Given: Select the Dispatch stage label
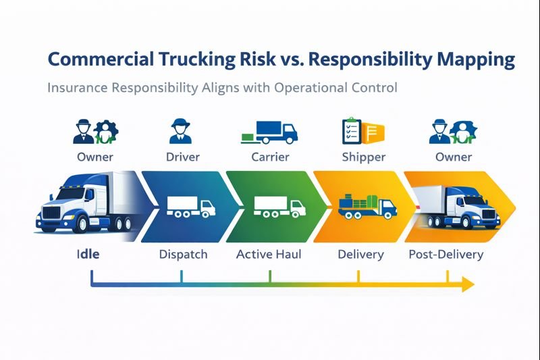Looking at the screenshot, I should point(183,255).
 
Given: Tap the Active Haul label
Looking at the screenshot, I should point(269,255).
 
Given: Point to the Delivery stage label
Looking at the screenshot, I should point(360,255).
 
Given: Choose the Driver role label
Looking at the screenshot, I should point(182,157).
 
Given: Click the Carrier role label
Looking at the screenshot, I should point(269,157).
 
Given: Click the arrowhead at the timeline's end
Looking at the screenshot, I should point(466,286).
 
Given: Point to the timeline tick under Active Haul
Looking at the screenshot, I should point(270,276).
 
